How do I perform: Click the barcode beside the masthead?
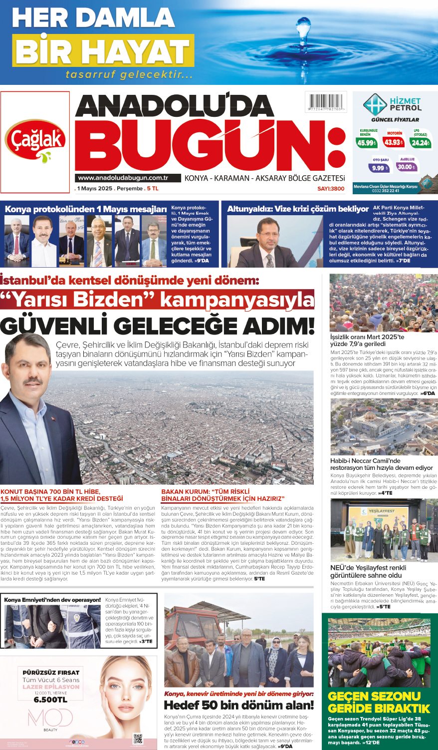pos(326,102)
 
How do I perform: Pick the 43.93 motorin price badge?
pos(393,142)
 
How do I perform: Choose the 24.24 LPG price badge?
pos(420,142)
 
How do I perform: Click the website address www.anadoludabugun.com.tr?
pos(123,178)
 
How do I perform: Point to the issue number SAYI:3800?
pos(331,188)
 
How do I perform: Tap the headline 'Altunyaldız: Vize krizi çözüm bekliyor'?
pos(297,209)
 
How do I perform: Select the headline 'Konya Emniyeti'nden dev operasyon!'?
pos(52,600)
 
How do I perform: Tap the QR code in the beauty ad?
pos(138,739)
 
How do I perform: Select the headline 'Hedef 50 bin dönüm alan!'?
pos(239,705)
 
